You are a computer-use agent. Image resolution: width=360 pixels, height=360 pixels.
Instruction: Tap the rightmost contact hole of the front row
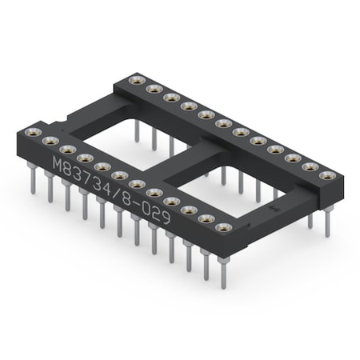point(225,228)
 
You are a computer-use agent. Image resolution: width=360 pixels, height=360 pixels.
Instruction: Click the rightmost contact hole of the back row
point(326,174)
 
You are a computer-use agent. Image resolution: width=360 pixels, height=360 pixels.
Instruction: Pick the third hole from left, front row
point(68,150)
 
